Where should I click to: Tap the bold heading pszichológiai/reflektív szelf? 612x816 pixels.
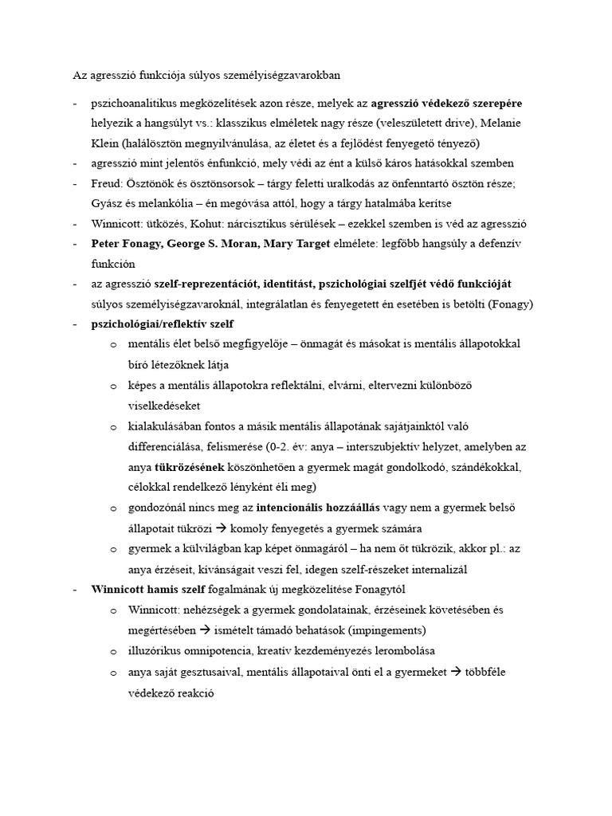click(163, 324)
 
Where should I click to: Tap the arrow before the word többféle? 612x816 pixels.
click(456, 671)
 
